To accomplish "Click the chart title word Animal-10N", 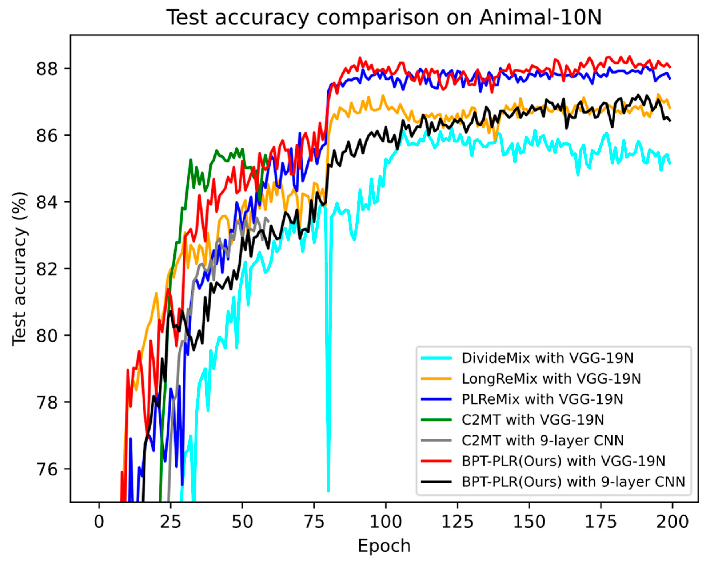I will pos(540,17).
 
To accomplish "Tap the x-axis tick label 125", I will pos(457,522).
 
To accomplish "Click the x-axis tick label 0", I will pos(99,522).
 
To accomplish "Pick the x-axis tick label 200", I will pos(672,522).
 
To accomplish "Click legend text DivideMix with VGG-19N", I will pos(547,358).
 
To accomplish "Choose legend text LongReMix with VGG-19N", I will pos(551,379).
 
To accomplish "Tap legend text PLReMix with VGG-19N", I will pos(542,399).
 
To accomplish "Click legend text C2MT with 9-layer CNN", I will pos(542,440).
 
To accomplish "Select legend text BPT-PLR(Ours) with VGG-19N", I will pos(563,461).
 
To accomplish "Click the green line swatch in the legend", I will pos(436,420).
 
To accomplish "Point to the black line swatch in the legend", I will pos(436,482).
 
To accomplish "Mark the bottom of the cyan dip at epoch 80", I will pos(328,490).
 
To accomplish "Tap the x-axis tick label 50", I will pos(242,522).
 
